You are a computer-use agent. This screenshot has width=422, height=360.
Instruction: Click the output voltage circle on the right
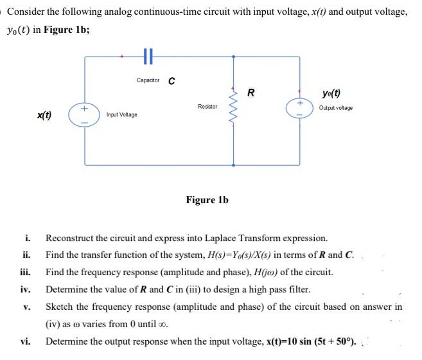point(299,111)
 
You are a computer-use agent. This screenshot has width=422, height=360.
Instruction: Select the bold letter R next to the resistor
point(251,92)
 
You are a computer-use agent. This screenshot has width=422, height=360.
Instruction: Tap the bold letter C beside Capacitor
point(171,81)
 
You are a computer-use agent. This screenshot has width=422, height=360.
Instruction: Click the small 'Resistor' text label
point(207,105)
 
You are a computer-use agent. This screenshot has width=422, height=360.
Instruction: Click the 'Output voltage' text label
point(335,107)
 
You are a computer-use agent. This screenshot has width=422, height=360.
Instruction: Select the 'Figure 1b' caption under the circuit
point(207,200)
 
